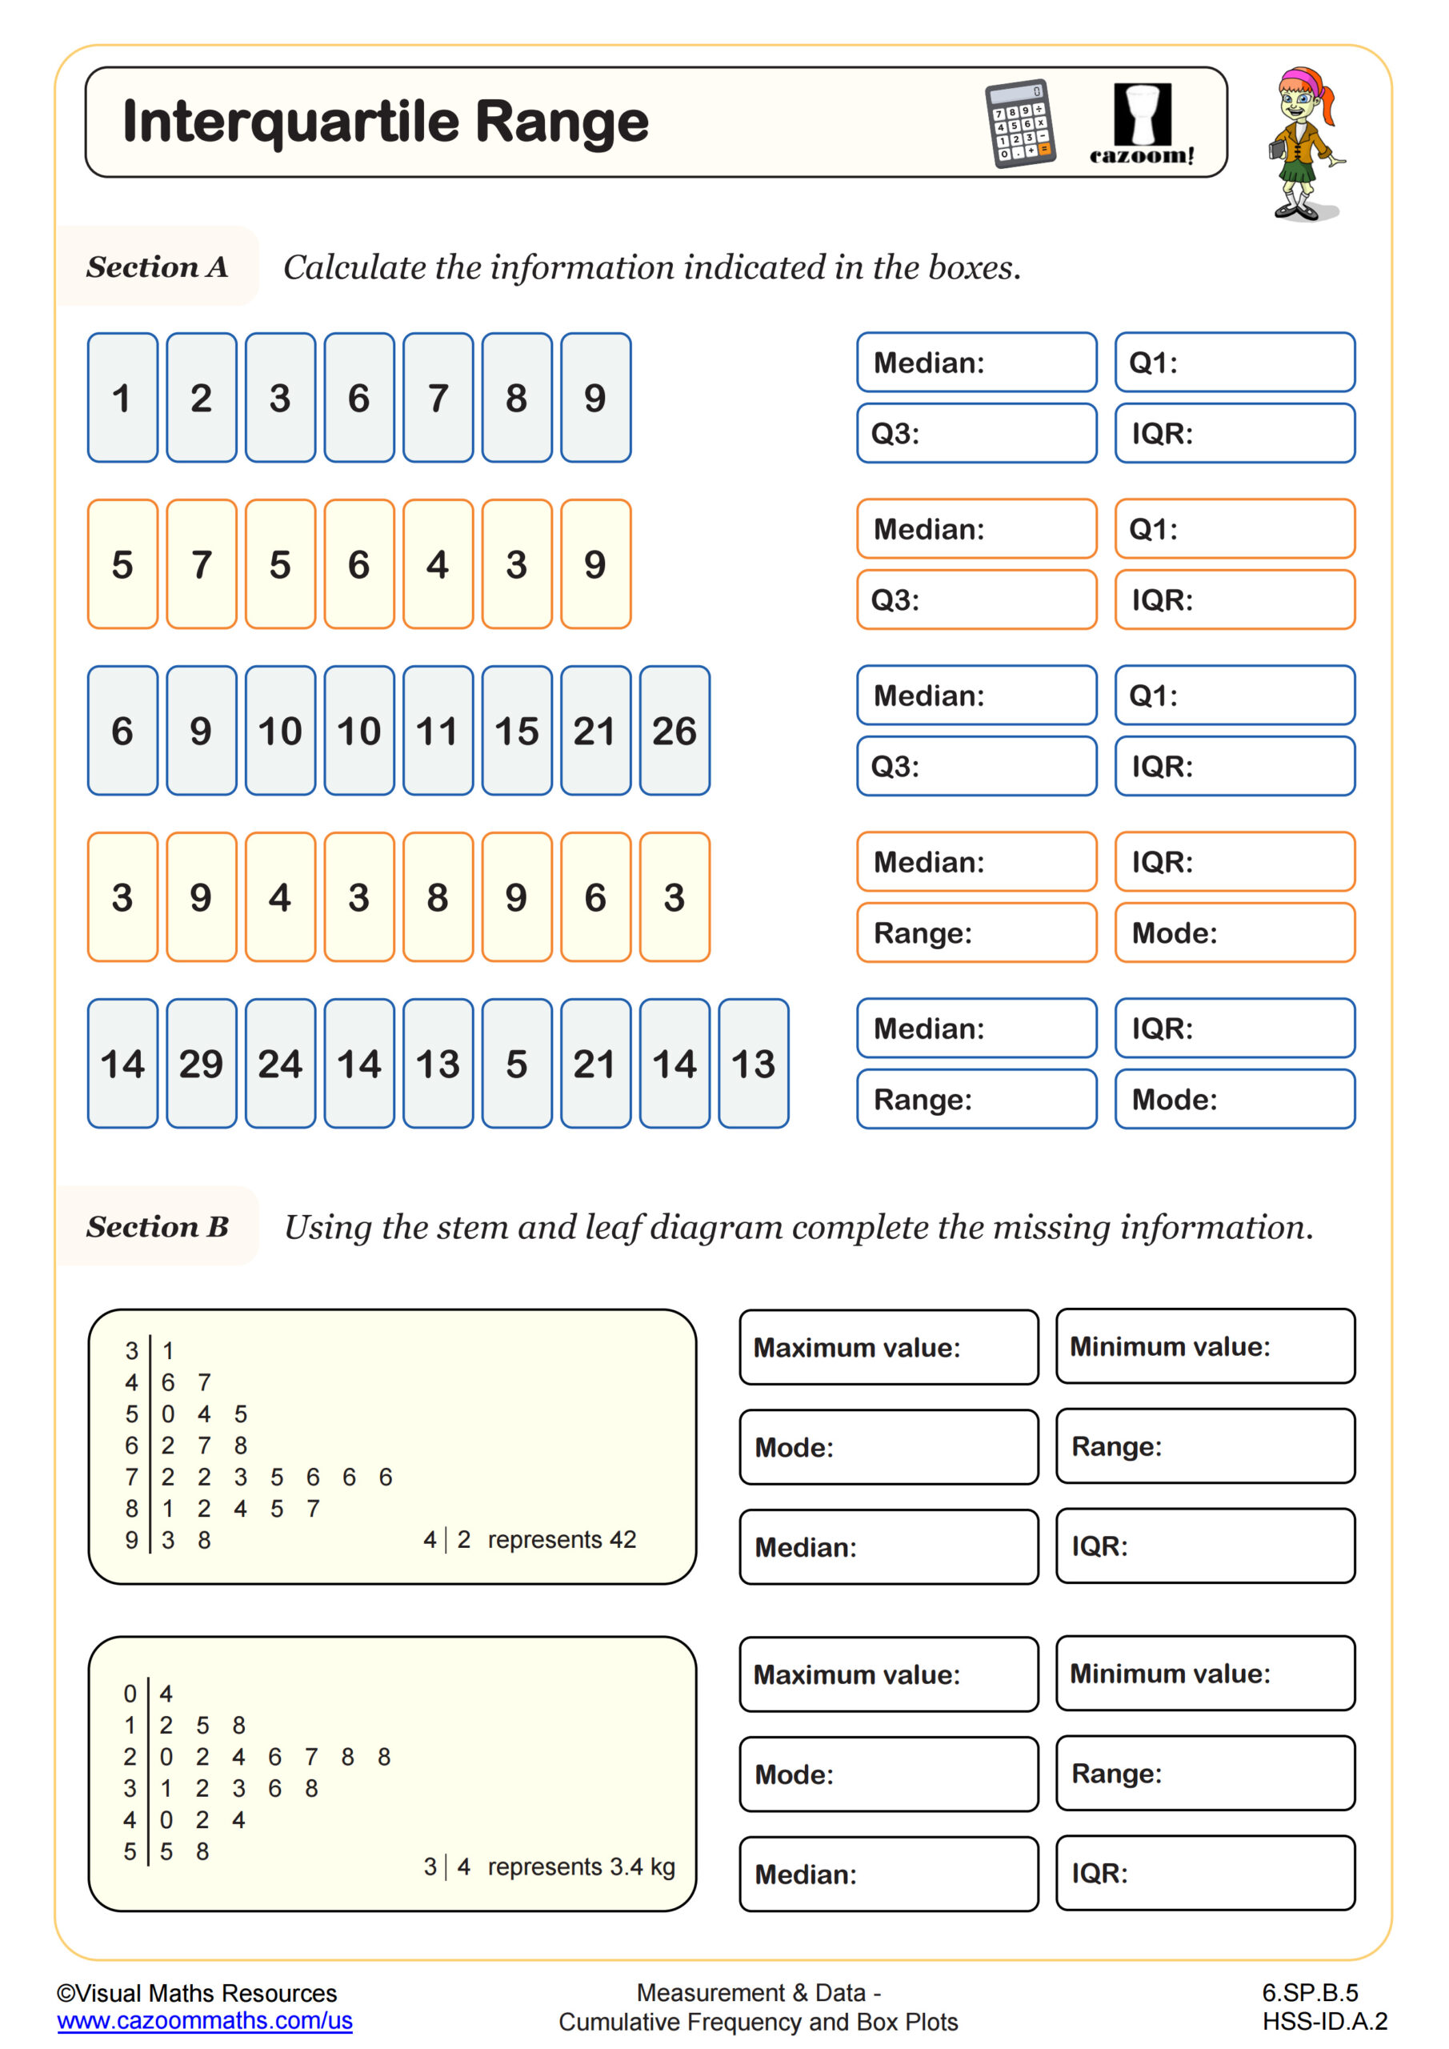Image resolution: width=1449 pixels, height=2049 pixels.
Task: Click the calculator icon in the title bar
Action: coord(1020,123)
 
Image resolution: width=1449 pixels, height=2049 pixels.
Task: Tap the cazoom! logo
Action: coord(1141,124)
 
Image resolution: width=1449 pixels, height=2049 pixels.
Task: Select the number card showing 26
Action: coord(674,730)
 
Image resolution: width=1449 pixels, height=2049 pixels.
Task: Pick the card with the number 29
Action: coord(201,1063)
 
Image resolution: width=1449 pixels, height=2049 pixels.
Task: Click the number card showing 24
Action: coord(280,1063)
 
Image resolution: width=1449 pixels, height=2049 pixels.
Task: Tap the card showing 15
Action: coord(517,730)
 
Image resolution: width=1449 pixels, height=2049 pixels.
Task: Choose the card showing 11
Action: coord(437,730)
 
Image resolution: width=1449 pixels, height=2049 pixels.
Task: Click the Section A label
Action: coord(157,267)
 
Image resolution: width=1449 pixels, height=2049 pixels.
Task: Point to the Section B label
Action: coord(157,1226)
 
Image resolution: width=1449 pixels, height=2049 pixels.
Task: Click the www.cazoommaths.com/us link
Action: coord(204,2020)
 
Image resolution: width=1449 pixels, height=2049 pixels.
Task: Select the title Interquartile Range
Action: coord(386,122)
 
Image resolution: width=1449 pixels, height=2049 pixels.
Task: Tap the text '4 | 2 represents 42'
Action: coord(529,1539)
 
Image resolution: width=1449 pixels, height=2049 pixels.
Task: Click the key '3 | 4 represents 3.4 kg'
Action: coord(549,1867)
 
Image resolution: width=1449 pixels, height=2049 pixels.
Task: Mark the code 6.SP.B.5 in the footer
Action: coord(1309,1993)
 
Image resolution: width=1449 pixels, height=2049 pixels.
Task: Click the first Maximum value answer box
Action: coord(889,1347)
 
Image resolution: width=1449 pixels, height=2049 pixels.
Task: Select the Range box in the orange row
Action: coord(976,932)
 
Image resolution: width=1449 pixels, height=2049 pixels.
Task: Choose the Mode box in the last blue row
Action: coord(1234,1099)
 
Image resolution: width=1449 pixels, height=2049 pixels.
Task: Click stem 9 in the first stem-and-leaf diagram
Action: coord(131,1539)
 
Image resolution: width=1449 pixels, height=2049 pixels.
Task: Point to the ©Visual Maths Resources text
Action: coord(196,1993)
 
